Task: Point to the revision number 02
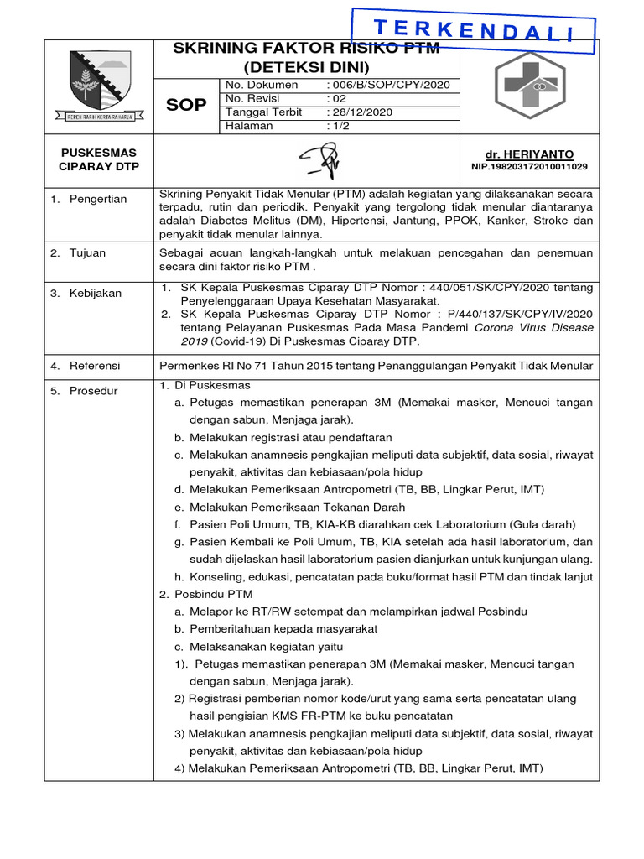335,98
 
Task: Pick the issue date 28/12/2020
360,112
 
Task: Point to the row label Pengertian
98,199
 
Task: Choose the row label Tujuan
88,252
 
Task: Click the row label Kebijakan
96,293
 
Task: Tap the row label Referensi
96,366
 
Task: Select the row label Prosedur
94,390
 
